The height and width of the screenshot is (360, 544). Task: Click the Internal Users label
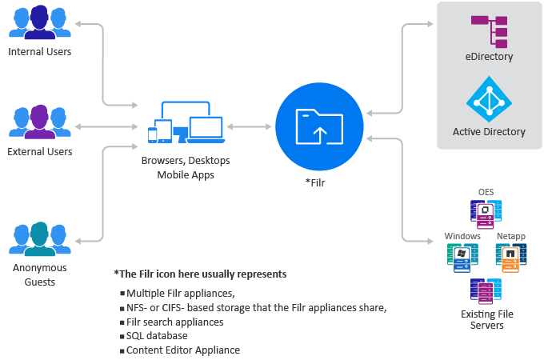point(40,52)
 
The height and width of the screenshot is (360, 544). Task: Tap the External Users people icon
point(40,122)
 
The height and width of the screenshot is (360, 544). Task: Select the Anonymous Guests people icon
point(40,238)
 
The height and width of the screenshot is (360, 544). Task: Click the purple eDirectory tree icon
point(490,29)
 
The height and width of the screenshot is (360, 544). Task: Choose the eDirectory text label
point(489,57)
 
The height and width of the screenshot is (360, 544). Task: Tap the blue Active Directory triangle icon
point(489,98)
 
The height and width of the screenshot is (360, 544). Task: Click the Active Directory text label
point(489,132)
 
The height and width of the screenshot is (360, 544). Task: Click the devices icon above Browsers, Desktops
point(186,122)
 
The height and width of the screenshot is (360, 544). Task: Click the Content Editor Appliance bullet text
point(183,350)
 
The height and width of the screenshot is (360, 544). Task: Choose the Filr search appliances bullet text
point(174,322)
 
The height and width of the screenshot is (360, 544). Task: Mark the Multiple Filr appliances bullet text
point(180,293)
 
